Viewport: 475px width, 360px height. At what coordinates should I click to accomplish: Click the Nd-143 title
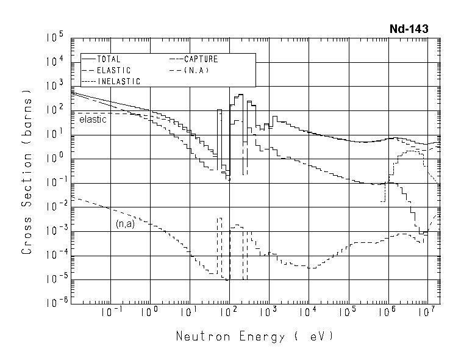409,29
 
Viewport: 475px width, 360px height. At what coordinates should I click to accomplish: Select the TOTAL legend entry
109,59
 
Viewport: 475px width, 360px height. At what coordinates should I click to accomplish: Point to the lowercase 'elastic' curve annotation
93,120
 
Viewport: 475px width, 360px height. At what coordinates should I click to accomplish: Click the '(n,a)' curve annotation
125,224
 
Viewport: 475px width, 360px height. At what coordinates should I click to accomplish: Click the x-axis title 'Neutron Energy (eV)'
255,336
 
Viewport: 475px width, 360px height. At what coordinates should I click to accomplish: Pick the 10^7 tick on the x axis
427,313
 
